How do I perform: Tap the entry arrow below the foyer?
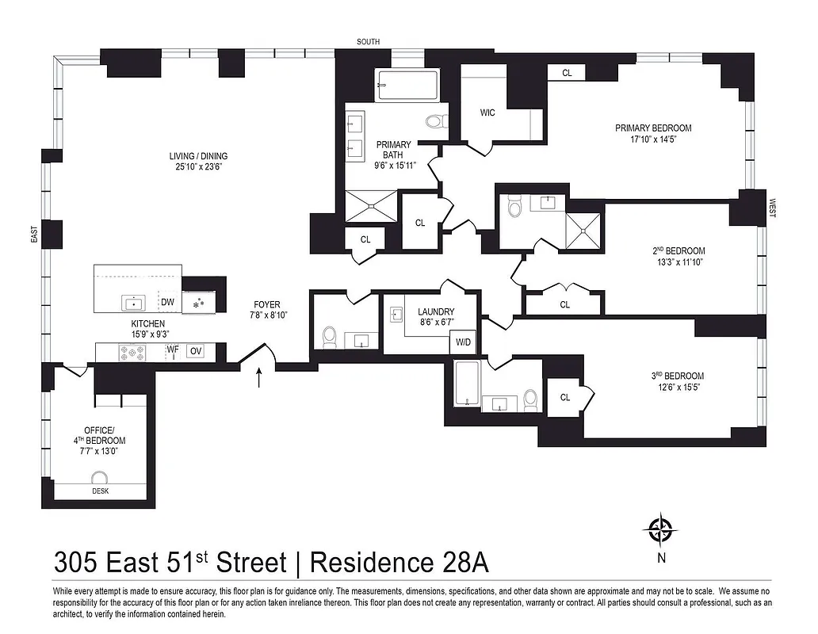click(x=260, y=378)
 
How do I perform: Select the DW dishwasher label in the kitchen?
click(x=167, y=302)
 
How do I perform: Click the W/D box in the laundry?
click(x=463, y=343)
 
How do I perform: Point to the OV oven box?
click(x=196, y=351)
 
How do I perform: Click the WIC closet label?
click(x=487, y=113)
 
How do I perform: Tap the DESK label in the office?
click(x=100, y=491)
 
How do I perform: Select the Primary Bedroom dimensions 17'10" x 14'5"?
click(x=653, y=139)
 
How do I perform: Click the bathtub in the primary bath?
click(x=407, y=86)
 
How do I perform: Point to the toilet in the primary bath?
click(x=435, y=122)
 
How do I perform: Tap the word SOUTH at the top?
click(x=368, y=42)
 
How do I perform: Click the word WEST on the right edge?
click(x=772, y=208)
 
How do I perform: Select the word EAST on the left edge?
click(x=34, y=235)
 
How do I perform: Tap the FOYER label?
click(x=266, y=304)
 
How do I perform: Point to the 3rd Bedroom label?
click(x=673, y=376)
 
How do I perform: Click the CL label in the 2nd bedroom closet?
click(x=564, y=304)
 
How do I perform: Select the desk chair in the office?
click(x=100, y=478)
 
